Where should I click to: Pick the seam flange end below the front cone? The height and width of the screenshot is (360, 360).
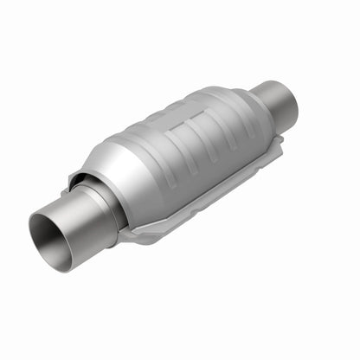click(x=130, y=234)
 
